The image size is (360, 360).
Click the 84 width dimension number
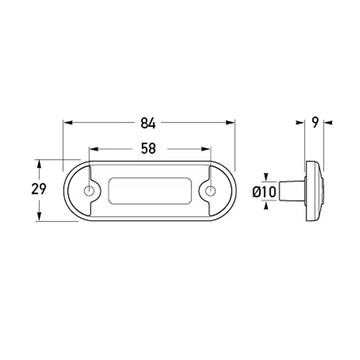point(148,123)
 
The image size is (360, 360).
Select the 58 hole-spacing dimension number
point(148,148)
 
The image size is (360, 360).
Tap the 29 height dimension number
point(39,189)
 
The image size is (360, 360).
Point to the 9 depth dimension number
point(315,122)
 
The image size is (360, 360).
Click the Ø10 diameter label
point(264,192)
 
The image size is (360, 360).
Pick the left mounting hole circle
point(89,191)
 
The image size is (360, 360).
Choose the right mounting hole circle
point(210,191)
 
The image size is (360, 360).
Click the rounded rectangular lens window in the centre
point(150,191)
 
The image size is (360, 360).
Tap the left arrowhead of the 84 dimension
point(68,122)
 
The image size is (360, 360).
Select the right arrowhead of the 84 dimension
point(230,122)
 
